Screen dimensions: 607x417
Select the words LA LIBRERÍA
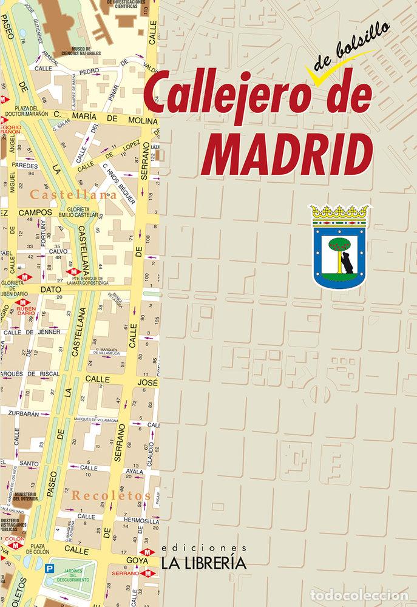click(203, 563)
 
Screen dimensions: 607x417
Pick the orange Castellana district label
click(75, 195)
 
